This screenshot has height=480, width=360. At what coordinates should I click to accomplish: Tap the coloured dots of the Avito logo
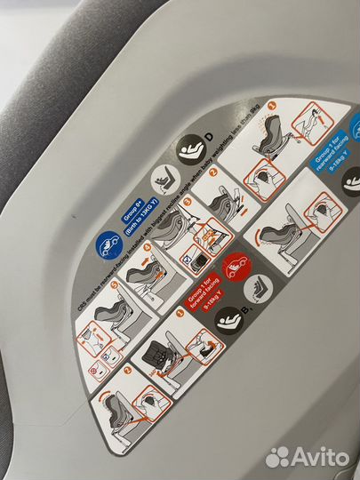pyautogui.click(x=278, y=455)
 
